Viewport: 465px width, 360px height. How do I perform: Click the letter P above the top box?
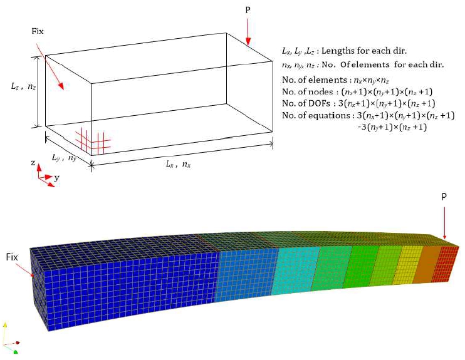248,10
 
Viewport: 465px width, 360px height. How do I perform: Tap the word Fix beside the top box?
38,31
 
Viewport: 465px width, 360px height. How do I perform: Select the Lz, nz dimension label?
23,86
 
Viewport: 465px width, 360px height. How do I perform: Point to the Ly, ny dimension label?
64,157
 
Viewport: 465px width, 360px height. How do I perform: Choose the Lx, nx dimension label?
178,164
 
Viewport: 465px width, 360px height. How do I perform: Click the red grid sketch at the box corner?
93,141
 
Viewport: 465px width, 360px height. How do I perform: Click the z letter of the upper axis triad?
33,163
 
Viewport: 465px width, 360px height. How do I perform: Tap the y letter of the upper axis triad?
56,178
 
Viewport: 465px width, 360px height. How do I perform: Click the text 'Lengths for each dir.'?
364,51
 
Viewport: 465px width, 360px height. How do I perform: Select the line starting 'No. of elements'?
335,80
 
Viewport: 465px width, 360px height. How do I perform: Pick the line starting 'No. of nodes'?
357,91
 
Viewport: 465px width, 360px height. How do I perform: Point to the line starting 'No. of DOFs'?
358,103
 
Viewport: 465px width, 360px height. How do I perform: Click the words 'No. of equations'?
316,115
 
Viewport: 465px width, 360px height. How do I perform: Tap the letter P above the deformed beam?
444,197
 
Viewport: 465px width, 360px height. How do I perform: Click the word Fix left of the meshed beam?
12,257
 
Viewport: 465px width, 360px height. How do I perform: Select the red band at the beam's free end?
444,263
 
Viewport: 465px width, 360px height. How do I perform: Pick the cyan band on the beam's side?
295,272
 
